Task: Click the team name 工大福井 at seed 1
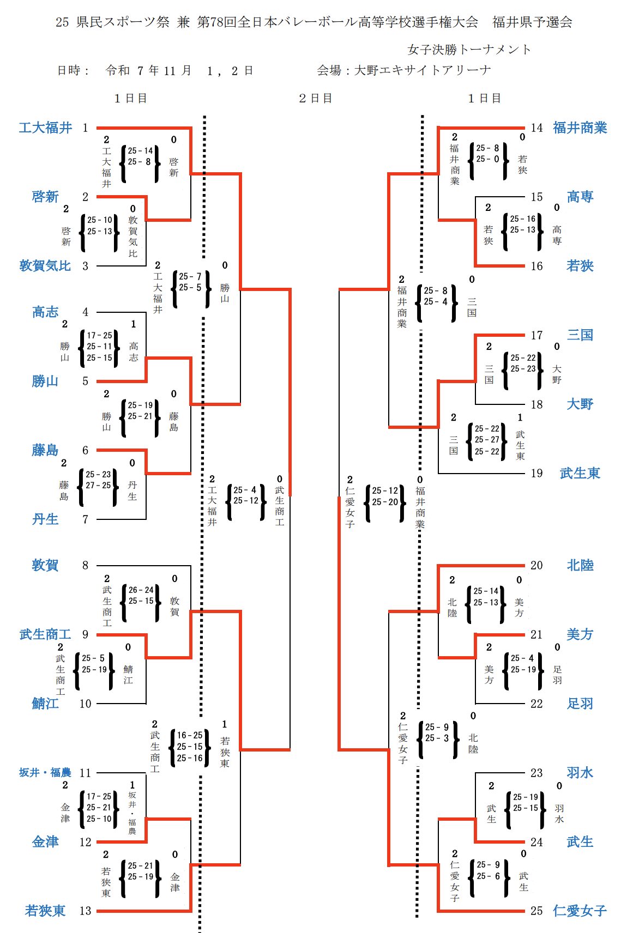point(45,128)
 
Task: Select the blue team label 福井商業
point(580,128)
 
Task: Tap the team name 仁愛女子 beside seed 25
point(580,911)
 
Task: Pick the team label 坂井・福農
point(45,773)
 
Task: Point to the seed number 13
point(86,911)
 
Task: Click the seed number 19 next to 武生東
point(537,473)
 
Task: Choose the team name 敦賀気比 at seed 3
point(45,266)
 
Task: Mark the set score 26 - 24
point(141,590)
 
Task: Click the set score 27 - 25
point(98,485)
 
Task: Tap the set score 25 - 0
point(487,159)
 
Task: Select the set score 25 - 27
point(487,440)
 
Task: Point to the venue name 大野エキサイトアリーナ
point(423,70)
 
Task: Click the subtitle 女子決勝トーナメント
point(469,50)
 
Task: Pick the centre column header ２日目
point(315,99)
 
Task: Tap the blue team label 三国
point(580,335)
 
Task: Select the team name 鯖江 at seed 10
point(45,704)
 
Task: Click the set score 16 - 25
point(190,735)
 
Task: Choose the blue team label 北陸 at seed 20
point(580,566)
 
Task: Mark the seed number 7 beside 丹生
point(86,519)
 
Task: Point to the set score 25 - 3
point(437,738)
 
